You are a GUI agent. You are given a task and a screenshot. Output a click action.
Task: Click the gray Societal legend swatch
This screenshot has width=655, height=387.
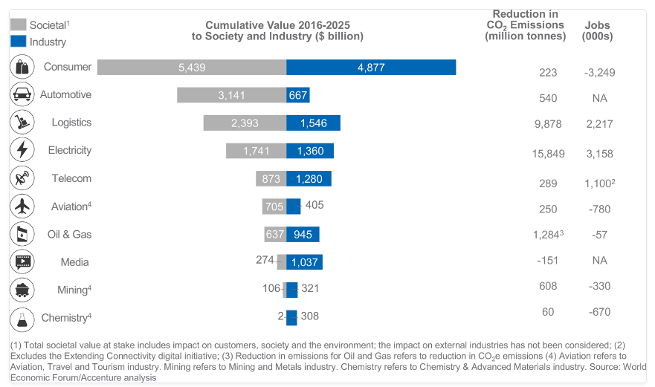(x=19, y=25)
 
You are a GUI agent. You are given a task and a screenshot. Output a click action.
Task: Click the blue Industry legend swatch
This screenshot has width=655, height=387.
(x=19, y=42)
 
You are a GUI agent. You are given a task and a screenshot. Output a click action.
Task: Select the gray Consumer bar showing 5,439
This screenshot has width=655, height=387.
(x=192, y=67)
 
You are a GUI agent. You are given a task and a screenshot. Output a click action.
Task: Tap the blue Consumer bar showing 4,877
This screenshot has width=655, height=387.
(x=371, y=67)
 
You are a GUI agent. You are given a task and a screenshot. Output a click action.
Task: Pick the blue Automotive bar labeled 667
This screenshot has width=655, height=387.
(x=298, y=95)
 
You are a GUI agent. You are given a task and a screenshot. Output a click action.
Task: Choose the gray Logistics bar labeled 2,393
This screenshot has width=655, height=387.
(x=245, y=123)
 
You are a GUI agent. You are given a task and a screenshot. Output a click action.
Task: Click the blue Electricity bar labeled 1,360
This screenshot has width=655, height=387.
(x=310, y=151)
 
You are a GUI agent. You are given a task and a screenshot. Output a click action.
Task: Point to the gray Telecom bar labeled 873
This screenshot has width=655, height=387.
(x=271, y=178)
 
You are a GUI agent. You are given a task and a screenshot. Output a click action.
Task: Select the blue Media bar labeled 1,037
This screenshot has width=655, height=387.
(x=304, y=262)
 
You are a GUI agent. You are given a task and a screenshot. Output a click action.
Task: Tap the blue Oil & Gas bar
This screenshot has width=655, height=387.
(x=303, y=234)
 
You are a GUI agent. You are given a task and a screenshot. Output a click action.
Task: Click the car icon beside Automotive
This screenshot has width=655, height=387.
(x=22, y=94)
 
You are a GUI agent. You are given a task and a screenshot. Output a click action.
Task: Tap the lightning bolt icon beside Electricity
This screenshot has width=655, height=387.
(x=22, y=150)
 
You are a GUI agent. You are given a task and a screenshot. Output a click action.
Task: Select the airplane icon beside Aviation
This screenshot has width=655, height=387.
(x=22, y=206)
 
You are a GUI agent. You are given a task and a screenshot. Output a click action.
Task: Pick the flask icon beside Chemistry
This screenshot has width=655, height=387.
(x=22, y=318)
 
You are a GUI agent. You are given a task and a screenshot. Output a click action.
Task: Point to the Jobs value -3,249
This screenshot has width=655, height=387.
(x=599, y=73)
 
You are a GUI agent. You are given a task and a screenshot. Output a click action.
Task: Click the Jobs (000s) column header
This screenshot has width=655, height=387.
(x=597, y=30)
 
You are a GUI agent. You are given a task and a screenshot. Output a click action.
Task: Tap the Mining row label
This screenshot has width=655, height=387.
(x=74, y=290)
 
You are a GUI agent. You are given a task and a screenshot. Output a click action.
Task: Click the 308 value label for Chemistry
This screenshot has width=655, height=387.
(x=310, y=316)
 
